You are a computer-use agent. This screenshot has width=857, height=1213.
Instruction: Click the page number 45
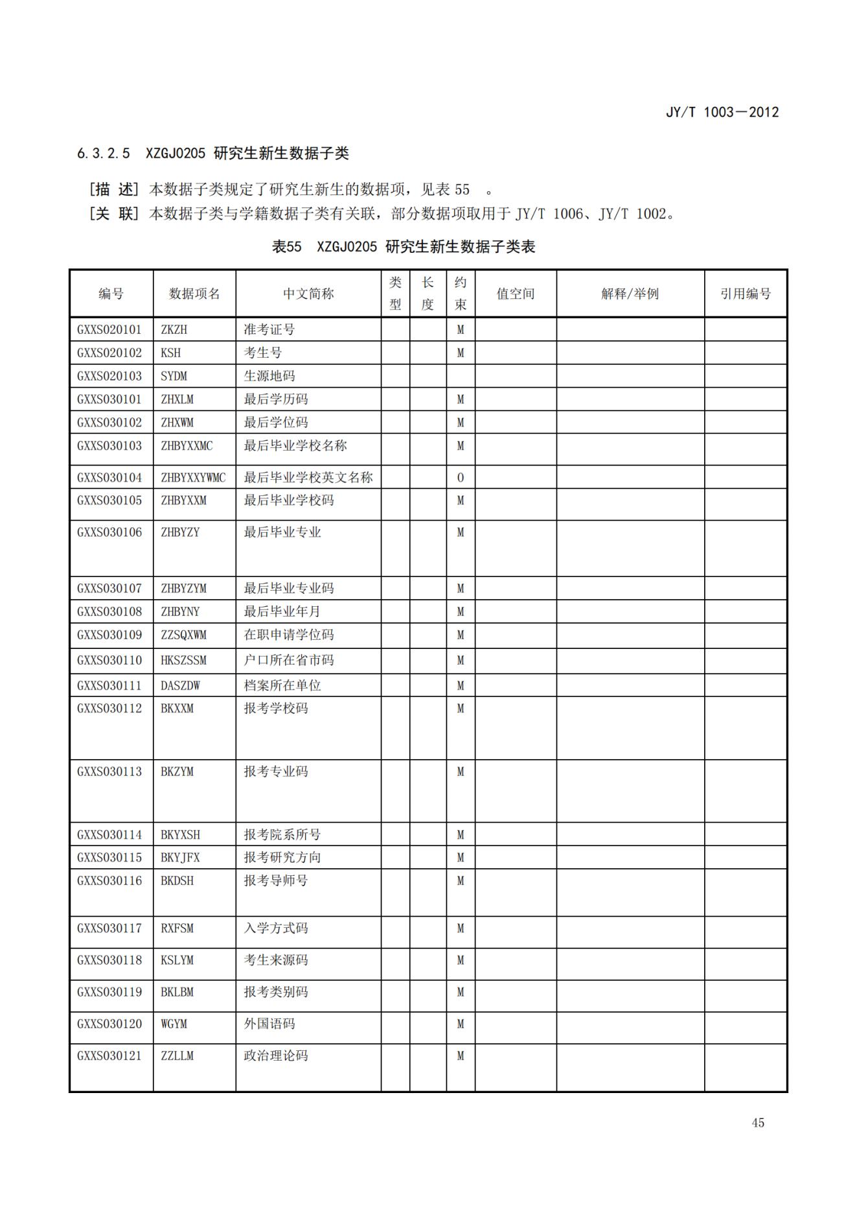758,1123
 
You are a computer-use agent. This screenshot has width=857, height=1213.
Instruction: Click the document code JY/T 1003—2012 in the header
722,112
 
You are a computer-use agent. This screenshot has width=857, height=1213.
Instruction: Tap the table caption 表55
286,247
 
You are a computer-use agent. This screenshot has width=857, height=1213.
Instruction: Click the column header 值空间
515,294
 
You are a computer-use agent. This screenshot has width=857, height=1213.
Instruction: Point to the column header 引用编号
745,294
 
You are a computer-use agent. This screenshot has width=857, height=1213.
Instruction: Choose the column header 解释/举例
630,294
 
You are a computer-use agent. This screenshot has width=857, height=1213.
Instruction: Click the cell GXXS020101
109,329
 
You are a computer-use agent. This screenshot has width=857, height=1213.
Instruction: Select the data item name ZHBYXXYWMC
193,478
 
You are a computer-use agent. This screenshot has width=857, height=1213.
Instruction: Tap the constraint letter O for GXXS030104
460,478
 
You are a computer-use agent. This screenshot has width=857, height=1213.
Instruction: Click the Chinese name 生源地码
269,376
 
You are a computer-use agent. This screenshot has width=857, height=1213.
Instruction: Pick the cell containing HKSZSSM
183,661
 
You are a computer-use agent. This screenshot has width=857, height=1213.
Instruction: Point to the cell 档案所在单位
282,685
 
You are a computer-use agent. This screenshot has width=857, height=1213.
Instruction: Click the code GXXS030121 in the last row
109,1056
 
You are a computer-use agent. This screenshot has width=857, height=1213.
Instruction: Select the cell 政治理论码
275,1056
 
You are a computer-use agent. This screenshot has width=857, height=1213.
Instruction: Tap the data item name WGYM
174,1024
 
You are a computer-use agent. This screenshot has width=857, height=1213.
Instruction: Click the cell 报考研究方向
282,858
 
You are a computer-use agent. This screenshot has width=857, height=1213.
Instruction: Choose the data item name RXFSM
177,928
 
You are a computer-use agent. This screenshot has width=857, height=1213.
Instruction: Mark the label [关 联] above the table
114,214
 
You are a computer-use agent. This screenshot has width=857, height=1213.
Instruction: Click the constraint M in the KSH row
460,353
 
